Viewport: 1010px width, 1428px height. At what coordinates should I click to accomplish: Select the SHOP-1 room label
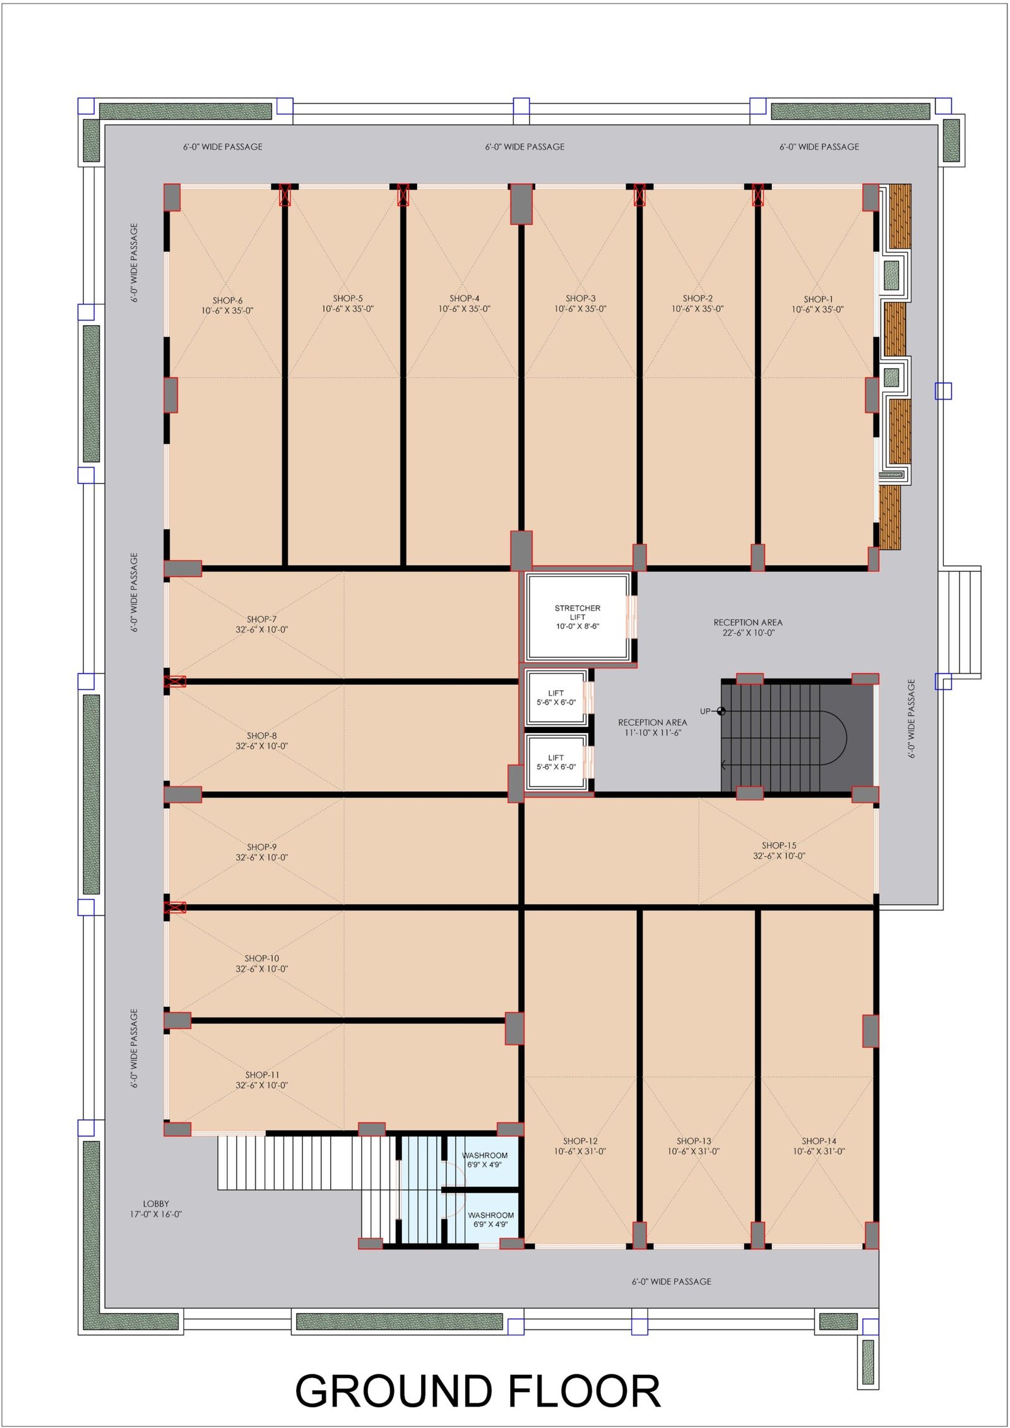click(x=817, y=304)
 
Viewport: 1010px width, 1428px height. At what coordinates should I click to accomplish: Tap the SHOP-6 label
click(x=227, y=306)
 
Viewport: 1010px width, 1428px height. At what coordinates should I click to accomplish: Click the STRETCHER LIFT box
click(x=578, y=617)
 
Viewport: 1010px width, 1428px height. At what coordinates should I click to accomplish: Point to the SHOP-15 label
click(x=779, y=850)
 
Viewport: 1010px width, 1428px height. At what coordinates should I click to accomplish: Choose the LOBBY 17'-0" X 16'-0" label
click(x=156, y=1209)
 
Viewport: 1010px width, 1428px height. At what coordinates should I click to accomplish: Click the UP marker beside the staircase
click(x=713, y=711)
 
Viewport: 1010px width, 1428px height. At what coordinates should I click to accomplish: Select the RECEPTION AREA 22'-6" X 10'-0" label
click(x=748, y=628)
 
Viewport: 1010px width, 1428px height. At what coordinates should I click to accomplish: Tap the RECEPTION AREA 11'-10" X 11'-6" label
click(x=653, y=727)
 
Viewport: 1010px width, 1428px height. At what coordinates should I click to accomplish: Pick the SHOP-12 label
click(x=579, y=1146)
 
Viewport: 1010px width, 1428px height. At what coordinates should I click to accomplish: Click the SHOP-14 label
click(x=819, y=1146)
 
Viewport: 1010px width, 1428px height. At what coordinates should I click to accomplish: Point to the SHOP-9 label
click(x=262, y=852)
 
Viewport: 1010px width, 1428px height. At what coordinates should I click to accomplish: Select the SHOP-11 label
click(x=262, y=1080)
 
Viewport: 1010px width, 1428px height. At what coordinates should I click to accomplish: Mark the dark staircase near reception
click(x=797, y=736)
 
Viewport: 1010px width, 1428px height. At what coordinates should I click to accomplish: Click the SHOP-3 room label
click(x=580, y=304)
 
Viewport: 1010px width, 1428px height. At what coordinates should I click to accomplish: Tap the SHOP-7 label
click(x=262, y=624)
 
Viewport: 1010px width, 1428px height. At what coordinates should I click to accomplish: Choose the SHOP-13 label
click(x=694, y=1146)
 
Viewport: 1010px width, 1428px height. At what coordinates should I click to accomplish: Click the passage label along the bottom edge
click(x=672, y=1282)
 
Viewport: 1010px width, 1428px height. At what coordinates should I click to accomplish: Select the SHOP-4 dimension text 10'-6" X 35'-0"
click(x=465, y=309)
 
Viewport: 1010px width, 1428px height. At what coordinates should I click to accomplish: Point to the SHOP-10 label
click(x=262, y=963)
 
